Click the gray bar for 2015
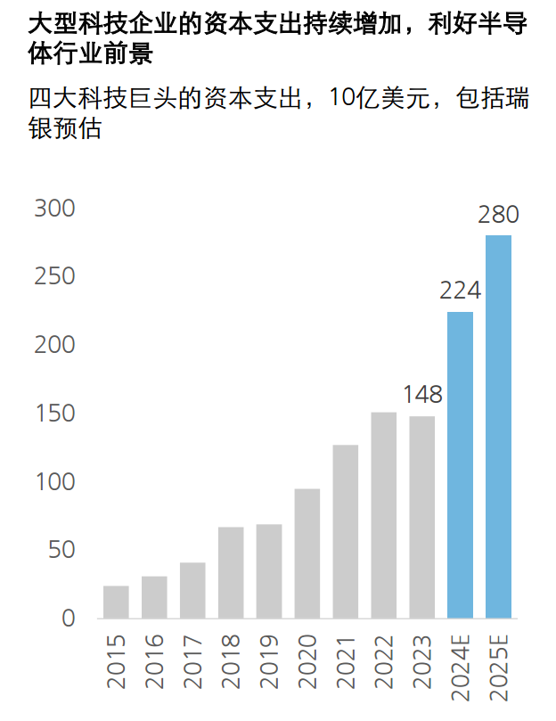click(116, 602)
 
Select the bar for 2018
click(231, 572)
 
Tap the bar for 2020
click(307, 553)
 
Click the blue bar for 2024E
click(460, 464)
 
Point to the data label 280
click(498, 215)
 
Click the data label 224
click(460, 291)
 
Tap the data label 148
click(422, 394)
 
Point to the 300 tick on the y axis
click(54, 209)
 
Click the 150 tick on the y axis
click(54, 414)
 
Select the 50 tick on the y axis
click(61, 550)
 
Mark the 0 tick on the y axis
click(68, 619)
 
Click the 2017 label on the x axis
click(192, 661)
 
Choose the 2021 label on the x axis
click(346, 661)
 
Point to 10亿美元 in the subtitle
click(369, 97)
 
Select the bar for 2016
click(154, 597)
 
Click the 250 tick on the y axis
click(54, 277)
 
